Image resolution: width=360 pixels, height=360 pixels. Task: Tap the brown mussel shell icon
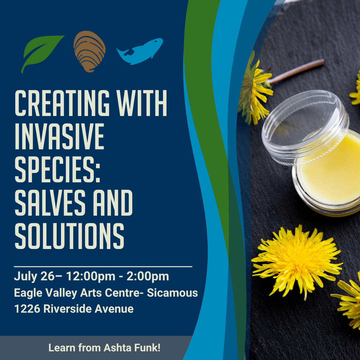pos(89,51)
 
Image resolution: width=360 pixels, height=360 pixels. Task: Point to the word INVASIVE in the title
pos(59,136)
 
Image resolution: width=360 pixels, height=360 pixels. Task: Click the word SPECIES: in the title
pos(57,169)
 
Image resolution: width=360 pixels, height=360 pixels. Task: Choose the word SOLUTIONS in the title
pos(69,236)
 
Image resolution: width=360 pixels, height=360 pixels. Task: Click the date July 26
pos(34,276)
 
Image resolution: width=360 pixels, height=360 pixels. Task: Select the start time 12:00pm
pos(91,276)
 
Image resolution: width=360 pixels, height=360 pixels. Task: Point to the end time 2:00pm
pos(148,276)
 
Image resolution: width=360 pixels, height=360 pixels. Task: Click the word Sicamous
pos(172,293)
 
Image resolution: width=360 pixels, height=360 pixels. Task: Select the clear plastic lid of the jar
pos(305,127)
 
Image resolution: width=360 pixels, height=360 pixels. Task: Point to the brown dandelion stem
pos(296,71)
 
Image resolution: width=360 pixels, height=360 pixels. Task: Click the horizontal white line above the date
pos(103,267)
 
